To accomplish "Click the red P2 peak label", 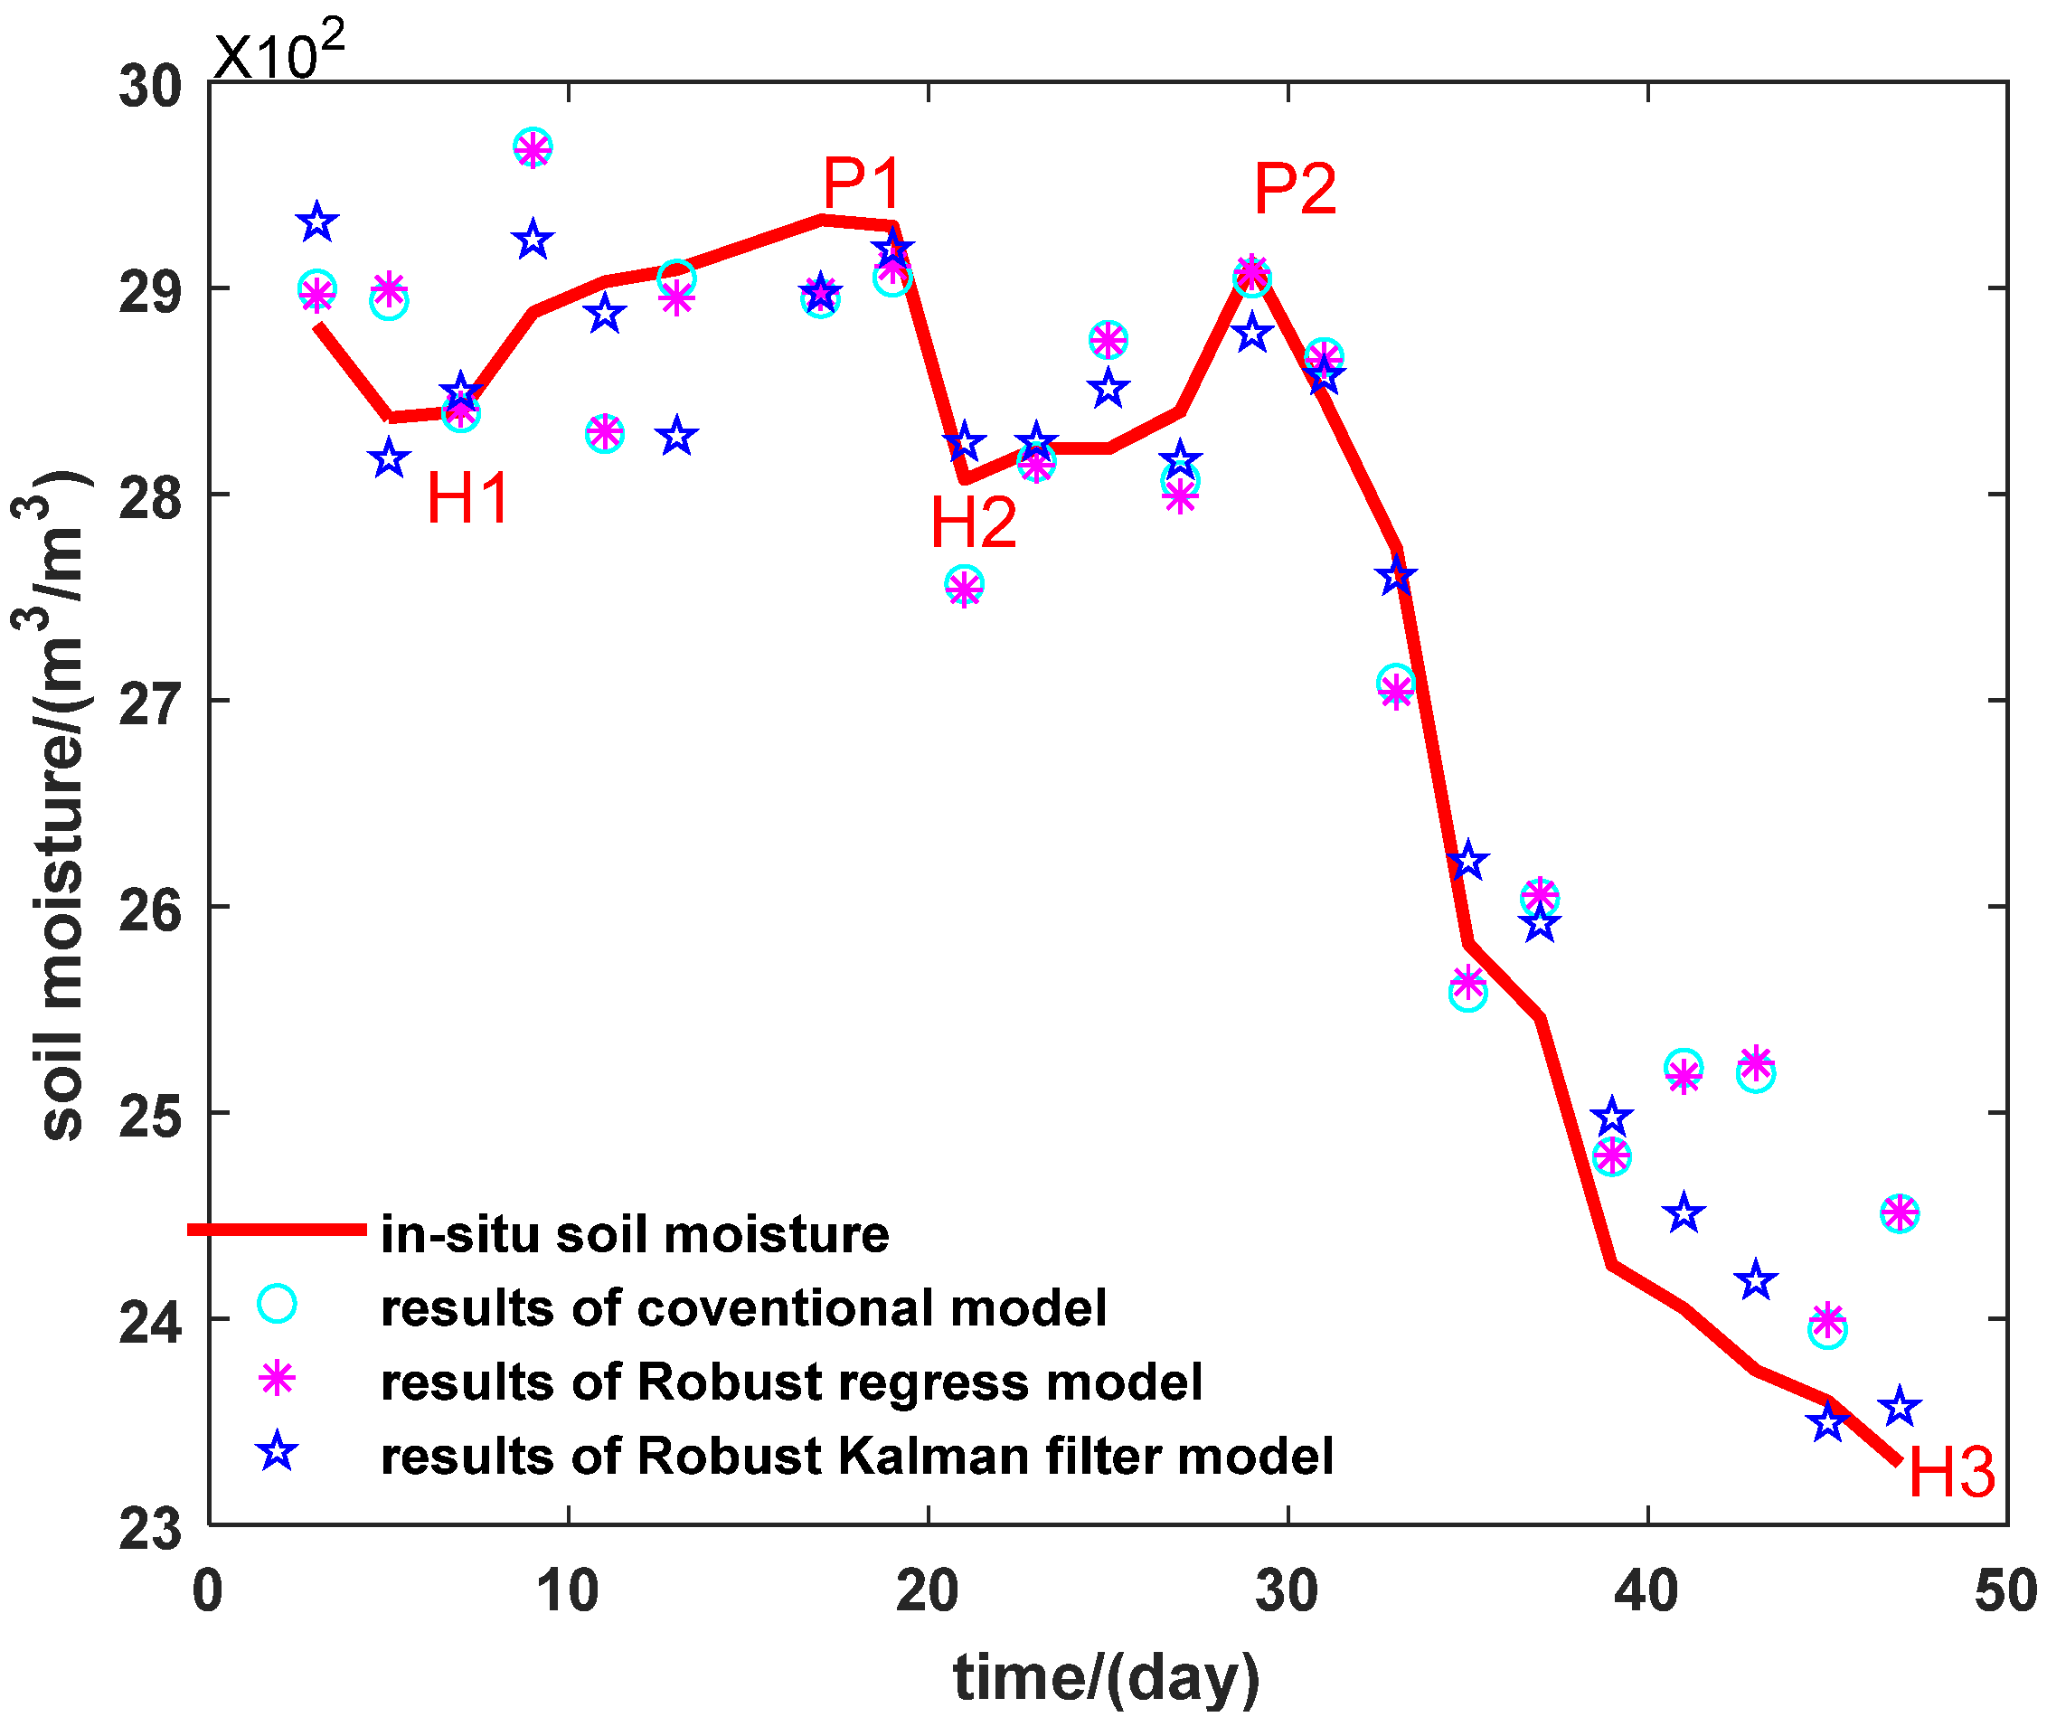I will [1294, 188].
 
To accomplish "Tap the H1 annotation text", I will [467, 498].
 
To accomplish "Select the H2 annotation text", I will [973, 523].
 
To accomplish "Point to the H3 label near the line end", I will [1950, 1472].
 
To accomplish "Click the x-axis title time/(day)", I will [1107, 1677].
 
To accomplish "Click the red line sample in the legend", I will [277, 1230].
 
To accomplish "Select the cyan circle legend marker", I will [277, 1304].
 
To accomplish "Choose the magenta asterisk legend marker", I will [277, 1378].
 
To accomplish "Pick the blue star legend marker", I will [277, 1452].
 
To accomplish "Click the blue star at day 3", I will [316, 223].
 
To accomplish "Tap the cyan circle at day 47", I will [1899, 1214].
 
